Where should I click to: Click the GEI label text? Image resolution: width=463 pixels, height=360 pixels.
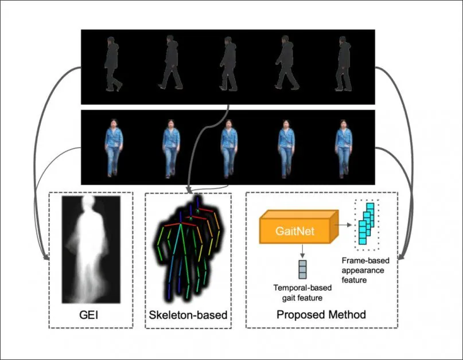[x=91, y=315]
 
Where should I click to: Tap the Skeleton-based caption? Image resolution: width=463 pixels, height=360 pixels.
[x=188, y=315]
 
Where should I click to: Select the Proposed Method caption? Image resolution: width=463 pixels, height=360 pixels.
[x=321, y=315]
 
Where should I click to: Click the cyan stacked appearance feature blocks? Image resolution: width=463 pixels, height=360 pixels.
[x=365, y=224]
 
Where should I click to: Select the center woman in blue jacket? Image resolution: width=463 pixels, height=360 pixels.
[x=228, y=147]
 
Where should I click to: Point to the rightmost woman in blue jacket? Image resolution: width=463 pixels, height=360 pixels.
[x=343, y=147]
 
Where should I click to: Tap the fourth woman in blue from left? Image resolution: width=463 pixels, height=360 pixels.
[x=286, y=147]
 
